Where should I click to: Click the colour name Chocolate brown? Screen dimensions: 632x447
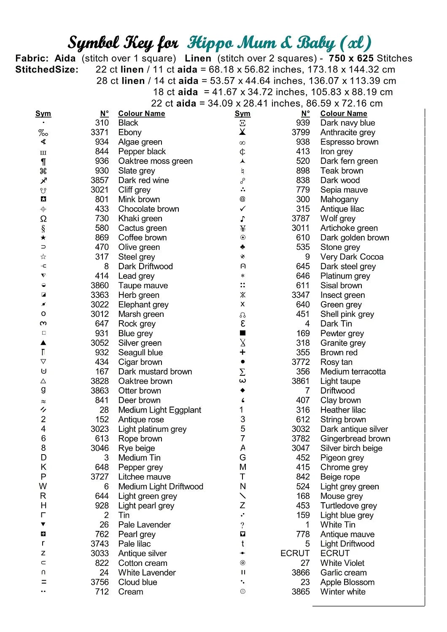pyautogui.click(x=148, y=209)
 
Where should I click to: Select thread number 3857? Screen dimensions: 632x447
pyautogui.click(x=100, y=180)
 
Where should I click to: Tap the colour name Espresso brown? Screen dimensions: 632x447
pyautogui.click(x=349, y=142)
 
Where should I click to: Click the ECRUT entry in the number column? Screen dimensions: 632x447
pyautogui.click(x=295, y=553)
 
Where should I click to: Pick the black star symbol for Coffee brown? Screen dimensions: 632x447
pyautogui.click(x=43, y=238)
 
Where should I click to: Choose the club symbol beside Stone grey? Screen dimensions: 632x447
pyautogui.click(x=242, y=247)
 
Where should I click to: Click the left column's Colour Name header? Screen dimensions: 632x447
pyautogui.click(x=141, y=113)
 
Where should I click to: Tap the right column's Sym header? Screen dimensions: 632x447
pyautogui.click(x=242, y=113)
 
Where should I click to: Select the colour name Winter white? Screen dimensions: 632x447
pyautogui.click(x=343, y=592)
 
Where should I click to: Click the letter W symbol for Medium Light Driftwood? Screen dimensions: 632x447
pyautogui.click(x=43, y=486)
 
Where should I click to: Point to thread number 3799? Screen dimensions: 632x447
pyautogui.click(x=301, y=132)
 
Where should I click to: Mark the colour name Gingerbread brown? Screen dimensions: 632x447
pyautogui.click(x=355, y=439)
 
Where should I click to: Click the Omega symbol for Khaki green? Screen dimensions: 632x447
pyautogui.click(x=43, y=219)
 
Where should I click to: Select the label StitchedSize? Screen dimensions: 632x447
pyautogui.click(x=47, y=70)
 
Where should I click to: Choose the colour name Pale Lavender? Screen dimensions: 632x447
pyautogui.click(x=144, y=525)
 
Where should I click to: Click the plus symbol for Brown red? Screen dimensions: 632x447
pyautogui.click(x=242, y=352)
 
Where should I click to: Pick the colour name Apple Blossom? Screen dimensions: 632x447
pyautogui.click(x=347, y=582)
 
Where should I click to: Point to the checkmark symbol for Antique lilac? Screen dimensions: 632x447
pyautogui.click(x=242, y=209)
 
